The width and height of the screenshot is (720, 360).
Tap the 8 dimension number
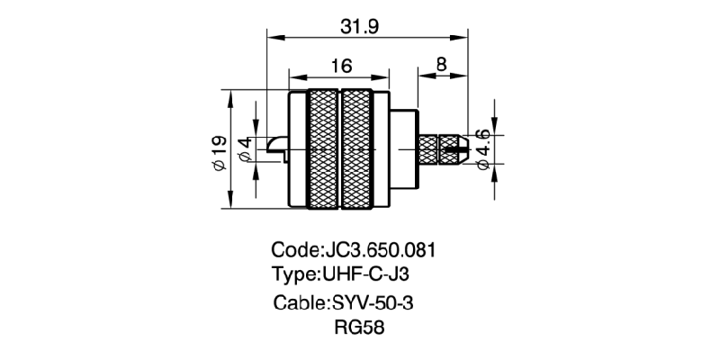tap(442, 65)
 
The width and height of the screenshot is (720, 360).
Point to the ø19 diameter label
tap(218, 152)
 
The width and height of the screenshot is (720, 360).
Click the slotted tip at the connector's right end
tap(460, 148)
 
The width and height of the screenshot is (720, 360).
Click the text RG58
tap(359, 328)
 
